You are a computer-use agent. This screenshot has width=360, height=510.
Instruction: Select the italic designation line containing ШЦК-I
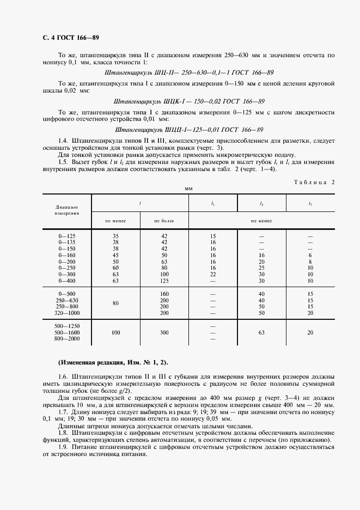coord(188,101)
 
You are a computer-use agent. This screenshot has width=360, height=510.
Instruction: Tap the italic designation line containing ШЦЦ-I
coord(190,130)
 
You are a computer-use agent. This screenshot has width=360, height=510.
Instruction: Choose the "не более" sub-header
coord(164,221)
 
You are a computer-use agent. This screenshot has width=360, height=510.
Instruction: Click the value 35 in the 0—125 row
coord(115,236)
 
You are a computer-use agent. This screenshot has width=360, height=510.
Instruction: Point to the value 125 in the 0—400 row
coord(164,281)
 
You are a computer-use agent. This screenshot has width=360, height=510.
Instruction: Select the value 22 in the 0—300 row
coord(212,274)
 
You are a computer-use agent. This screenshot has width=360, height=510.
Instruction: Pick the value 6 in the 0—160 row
coord(310,255)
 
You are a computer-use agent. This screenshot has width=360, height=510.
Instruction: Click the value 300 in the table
coord(164,332)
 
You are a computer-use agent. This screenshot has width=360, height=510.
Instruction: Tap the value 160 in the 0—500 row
coord(164,294)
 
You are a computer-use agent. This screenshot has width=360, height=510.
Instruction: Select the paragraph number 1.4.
coord(63,141)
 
